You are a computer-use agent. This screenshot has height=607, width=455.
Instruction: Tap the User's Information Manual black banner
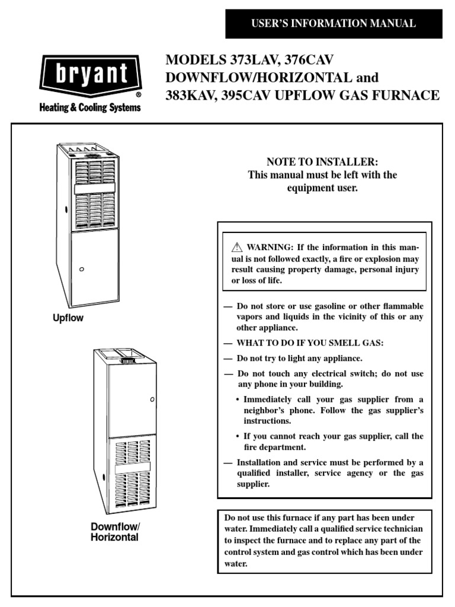coord(334,24)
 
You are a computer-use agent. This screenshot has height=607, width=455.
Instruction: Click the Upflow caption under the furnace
coord(69,318)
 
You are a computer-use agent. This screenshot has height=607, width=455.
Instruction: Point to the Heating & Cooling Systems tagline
coord(90,108)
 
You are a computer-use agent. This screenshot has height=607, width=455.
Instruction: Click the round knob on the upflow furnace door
coord(82,269)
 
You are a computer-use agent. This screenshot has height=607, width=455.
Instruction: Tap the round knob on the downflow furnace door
coord(152,400)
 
